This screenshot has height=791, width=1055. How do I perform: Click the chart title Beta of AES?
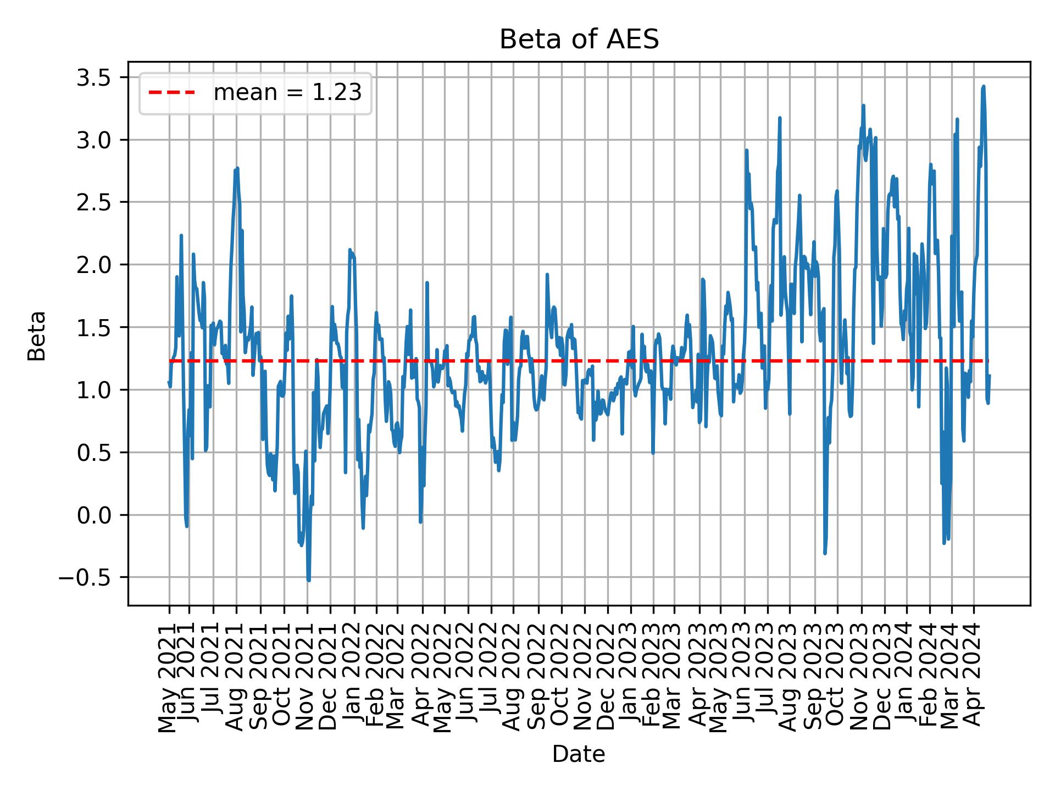(579, 40)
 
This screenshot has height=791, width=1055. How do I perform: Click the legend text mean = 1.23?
(287, 93)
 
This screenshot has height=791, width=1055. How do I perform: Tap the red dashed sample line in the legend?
(171, 93)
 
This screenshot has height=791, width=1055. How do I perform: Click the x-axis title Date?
(579, 755)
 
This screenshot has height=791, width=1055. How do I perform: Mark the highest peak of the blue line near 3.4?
(983, 86)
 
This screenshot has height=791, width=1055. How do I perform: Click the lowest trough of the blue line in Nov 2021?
(309, 580)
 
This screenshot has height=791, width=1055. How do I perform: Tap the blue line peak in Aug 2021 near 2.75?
(237, 169)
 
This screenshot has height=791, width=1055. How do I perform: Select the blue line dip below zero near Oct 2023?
(825, 553)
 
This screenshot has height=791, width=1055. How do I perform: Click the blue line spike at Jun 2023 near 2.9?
(746, 150)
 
